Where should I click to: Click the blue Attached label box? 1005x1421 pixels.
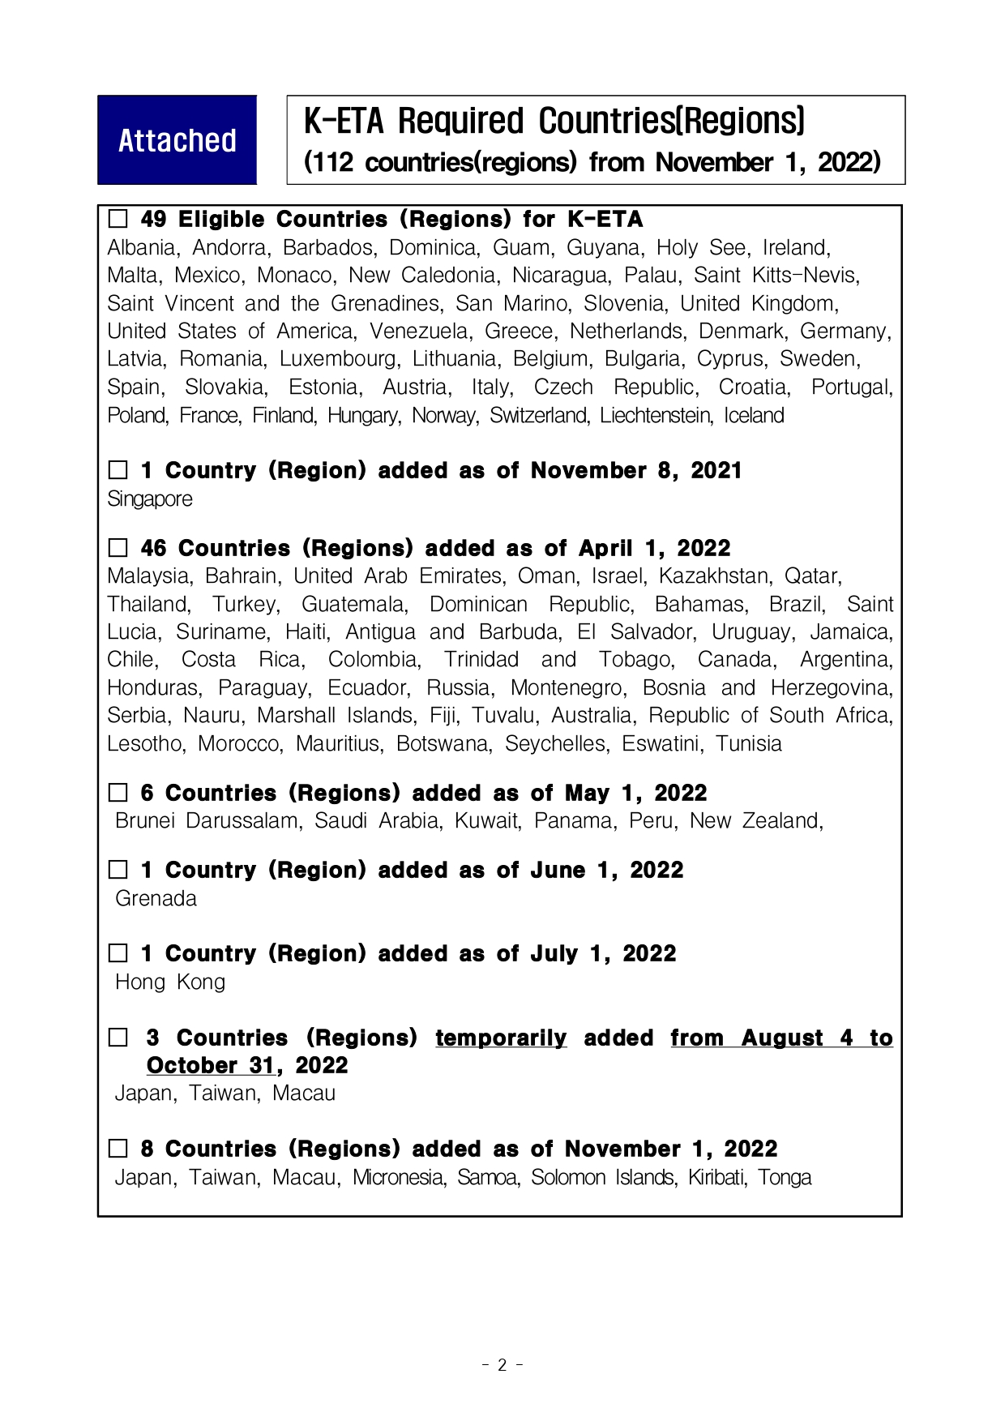(177, 140)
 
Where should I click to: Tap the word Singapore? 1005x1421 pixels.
(150, 499)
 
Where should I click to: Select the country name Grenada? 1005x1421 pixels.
(156, 899)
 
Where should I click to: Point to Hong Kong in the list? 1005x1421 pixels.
(170, 982)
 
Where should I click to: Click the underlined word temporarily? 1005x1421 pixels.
(501, 1038)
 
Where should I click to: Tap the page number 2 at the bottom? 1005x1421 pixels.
(502, 1365)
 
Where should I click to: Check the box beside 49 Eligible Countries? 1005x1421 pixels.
(118, 219)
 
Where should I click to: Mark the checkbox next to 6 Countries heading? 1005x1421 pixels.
(118, 793)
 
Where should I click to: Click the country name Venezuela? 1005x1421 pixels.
(419, 332)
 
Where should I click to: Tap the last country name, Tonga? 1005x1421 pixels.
(784, 1178)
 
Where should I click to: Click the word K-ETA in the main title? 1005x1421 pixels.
(343, 122)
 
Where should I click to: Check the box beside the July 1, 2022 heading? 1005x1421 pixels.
(118, 953)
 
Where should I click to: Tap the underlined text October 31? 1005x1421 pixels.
(210, 1066)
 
